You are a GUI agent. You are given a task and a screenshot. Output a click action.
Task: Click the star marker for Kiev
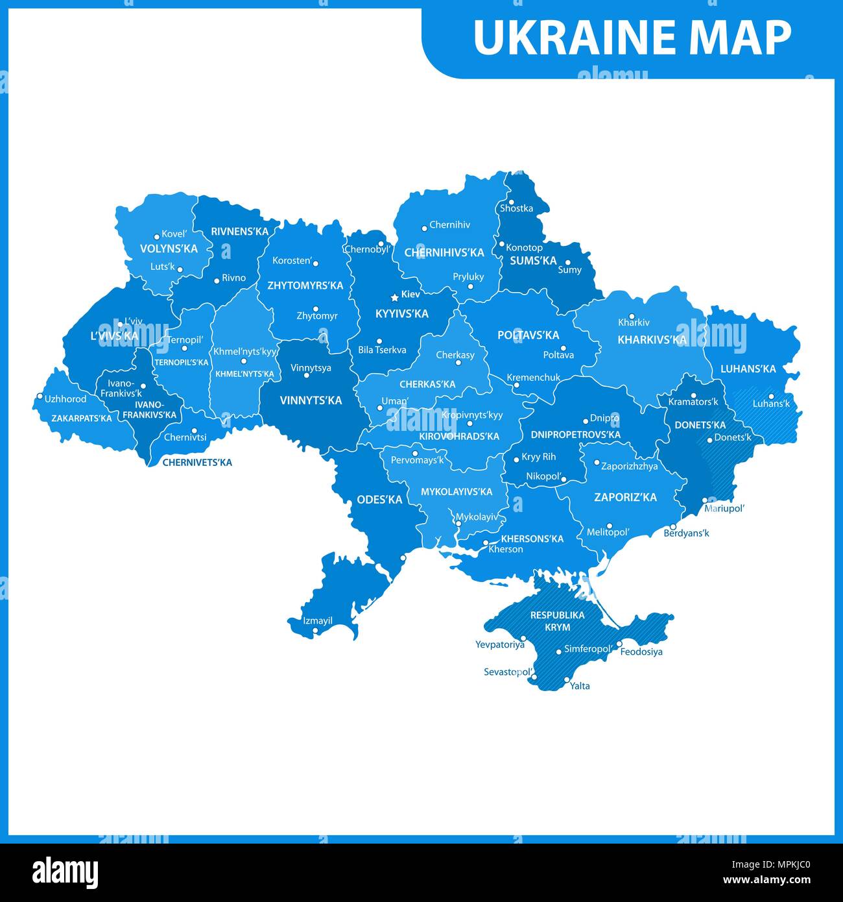click(x=394, y=297)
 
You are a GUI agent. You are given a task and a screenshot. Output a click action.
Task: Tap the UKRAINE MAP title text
click(x=632, y=38)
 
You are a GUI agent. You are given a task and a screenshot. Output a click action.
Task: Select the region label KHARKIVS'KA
click(x=652, y=339)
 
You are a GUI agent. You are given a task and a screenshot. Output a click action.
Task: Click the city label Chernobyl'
click(x=368, y=249)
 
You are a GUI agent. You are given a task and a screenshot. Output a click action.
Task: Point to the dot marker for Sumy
click(x=567, y=263)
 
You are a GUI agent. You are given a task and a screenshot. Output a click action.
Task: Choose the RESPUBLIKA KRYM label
click(x=557, y=621)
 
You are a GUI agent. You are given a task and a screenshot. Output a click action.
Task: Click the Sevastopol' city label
click(x=508, y=672)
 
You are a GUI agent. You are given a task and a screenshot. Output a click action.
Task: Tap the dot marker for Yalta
click(x=566, y=679)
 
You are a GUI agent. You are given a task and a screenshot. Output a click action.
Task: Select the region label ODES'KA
click(x=379, y=500)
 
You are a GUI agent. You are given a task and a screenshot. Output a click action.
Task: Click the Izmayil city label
click(x=318, y=620)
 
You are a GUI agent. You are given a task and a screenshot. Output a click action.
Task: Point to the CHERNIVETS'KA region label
click(x=196, y=463)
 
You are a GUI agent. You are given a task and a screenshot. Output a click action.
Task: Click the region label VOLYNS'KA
click(x=169, y=249)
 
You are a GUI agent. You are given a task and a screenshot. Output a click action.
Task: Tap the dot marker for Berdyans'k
click(x=673, y=526)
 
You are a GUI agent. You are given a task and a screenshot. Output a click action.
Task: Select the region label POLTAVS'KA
click(x=528, y=335)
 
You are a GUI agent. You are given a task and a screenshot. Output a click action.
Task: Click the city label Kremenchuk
click(x=533, y=377)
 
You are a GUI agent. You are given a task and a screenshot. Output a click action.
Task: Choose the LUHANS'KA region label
click(x=748, y=369)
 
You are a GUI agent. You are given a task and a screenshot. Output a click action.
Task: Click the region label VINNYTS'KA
click(x=311, y=400)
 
